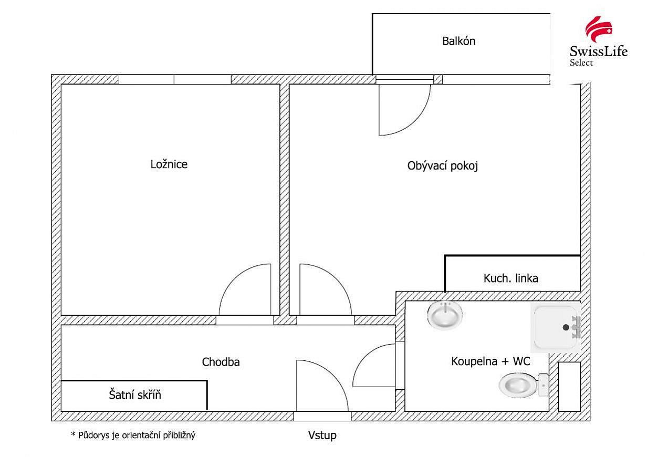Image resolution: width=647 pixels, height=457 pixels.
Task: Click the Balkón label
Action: [458, 41]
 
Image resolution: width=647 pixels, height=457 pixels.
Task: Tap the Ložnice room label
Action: [169, 164]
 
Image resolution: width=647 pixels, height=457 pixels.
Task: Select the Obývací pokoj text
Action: [443, 166]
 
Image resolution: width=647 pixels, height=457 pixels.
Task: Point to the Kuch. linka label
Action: [510, 278]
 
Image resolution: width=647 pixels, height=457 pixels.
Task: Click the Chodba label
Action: [221, 362]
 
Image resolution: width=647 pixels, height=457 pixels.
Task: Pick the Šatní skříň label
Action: [135, 394]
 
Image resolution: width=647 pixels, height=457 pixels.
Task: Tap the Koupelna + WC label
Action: [491, 361]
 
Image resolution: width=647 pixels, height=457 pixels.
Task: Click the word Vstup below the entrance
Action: [322, 435]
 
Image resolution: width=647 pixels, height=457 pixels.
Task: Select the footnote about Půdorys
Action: [133, 435]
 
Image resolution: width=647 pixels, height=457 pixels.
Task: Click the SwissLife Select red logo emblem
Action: [599, 29]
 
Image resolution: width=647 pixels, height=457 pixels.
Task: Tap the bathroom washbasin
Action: [445, 315]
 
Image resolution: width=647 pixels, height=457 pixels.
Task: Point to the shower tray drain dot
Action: [566, 327]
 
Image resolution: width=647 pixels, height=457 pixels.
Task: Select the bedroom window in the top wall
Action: [175, 79]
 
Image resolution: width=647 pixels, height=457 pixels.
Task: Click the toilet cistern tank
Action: [544, 385]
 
